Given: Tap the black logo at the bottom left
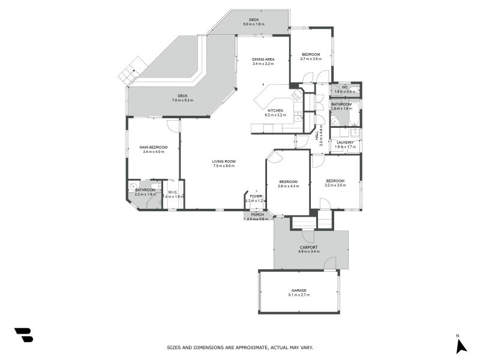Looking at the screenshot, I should pos(23,335).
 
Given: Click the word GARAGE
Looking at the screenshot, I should pos(298,290).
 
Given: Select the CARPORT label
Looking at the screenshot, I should pos(308,247).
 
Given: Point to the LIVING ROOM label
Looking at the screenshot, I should pos(223,161).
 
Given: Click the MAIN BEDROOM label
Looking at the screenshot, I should pos(153,147).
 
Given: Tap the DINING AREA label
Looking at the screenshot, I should pos(263,59).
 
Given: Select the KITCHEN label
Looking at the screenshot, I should pos(275,110).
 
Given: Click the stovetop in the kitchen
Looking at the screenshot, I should pos(296,95).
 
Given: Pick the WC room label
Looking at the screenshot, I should pos(345,87).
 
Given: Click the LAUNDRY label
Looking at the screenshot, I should pos(345,142).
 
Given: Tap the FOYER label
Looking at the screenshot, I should pos(256,196).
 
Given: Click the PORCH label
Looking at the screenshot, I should pos(257,214).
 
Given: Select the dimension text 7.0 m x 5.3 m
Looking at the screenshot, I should pos(182,100).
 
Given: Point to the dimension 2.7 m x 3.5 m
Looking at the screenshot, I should pos(311,59).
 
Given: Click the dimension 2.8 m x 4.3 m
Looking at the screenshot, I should pos(288,186).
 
